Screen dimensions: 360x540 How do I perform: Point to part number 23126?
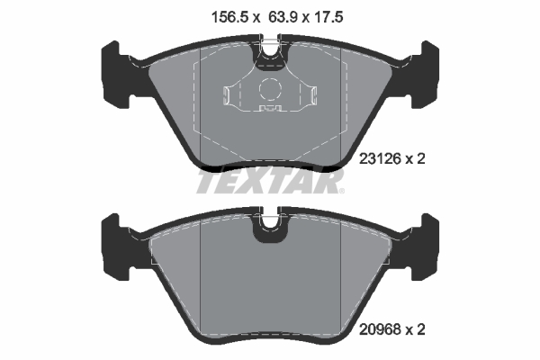tap(379, 158)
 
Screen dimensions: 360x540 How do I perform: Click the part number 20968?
tap(379, 330)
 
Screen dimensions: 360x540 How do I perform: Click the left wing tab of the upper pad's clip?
tap(229, 95)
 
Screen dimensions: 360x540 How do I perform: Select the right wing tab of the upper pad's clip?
tap(310, 95)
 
